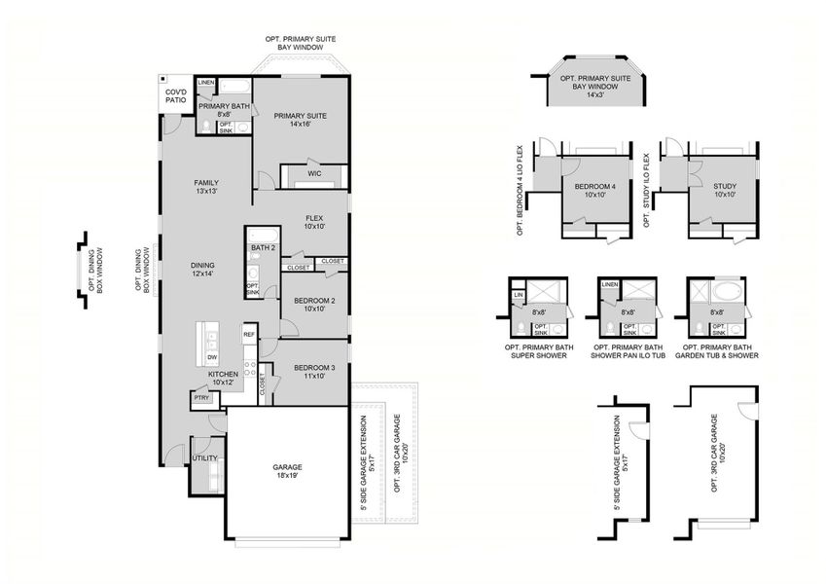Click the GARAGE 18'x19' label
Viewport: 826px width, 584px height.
(x=287, y=472)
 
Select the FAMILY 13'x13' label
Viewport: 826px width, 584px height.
(x=205, y=187)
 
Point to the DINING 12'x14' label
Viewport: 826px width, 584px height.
(x=202, y=270)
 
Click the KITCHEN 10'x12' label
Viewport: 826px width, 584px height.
(x=224, y=379)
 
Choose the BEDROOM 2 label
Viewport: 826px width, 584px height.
(x=313, y=305)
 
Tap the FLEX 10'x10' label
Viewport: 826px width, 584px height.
(x=313, y=223)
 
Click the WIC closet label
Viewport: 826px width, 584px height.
(x=314, y=174)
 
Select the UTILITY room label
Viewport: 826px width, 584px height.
(x=204, y=457)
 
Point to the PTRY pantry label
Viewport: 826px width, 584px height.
(x=201, y=397)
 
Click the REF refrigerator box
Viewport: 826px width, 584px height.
(x=249, y=335)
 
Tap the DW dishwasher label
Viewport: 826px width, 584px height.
(x=211, y=358)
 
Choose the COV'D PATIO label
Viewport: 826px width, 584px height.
(x=175, y=94)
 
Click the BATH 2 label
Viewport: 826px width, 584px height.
(x=264, y=248)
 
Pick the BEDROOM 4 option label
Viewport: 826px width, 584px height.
(x=594, y=191)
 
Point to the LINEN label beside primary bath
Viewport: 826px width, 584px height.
(x=205, y=83)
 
